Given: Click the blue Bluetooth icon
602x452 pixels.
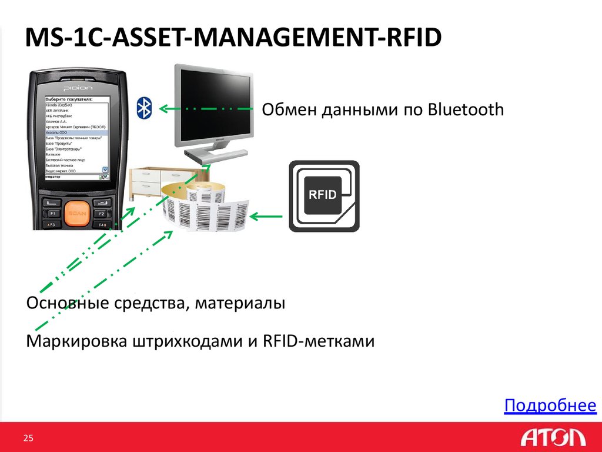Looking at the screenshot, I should (x=145, y=107).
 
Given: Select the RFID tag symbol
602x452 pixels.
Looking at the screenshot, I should (x=323, y=195).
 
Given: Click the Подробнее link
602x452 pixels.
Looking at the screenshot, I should (x=550, y=406).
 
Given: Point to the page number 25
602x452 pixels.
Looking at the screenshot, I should (x=28, y=437).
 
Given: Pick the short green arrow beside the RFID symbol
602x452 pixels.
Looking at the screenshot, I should (x=267, y=217).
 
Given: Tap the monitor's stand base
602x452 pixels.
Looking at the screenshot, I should (x=206, y=157).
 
